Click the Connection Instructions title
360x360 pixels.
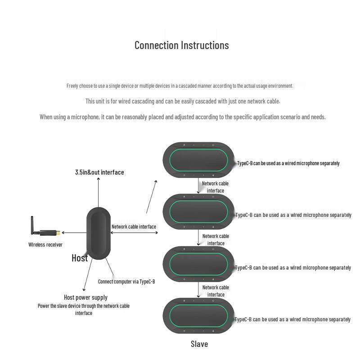pyautogui.click(x=182, y=45)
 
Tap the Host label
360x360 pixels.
pyautogui.click(x=80, y=258)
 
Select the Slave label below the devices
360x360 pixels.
pyautogui.click(x=199, y=344)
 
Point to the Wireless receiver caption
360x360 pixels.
pyautogui.click(x=45, y=245)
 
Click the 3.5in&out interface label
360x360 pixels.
pyautogui.click(x=99, y=172)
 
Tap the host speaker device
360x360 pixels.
pyautogui.click(x=99, y=233)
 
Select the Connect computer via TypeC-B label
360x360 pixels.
pyautogui.click(x=126, y=282)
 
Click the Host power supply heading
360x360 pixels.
pyautogui.click(x=85, y=297)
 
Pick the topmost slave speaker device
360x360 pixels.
pyautogui.click(x=198, y=160)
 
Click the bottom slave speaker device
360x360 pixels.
pyautogui.click(x=198, y=316)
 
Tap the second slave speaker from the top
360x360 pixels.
pyautogui.click(x=198, y=211)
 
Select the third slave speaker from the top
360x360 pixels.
pyautogui.click(x=198, y=264)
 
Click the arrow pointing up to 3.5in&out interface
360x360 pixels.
pyautogui.click(x=98, y=193)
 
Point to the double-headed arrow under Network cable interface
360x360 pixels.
pyautogui.click(x=134, y=233)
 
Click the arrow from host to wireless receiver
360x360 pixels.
pyautogui.click(x=74, y=233)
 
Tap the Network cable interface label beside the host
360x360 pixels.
pyautogui.click(x=134, y=227)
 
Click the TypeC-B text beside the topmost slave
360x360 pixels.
pyautogui.click(x=288, y=163)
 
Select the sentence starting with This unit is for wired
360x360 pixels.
pyautogui.click(x=183, y=101)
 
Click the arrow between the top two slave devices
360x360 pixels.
pyautogui.click(x=198, y=186)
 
